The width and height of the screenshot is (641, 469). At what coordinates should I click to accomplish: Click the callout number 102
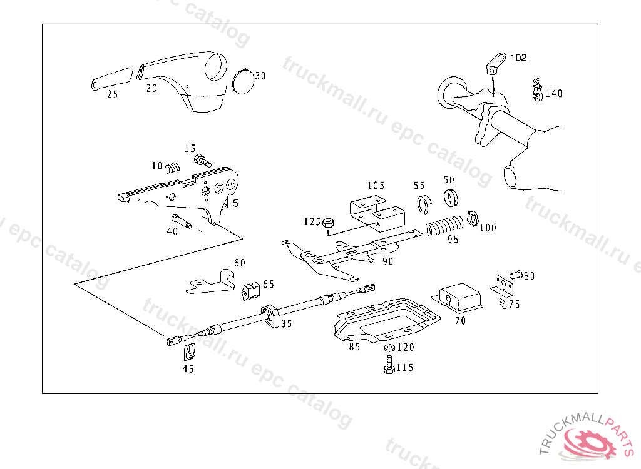pyautogui.click(x=518, y=58)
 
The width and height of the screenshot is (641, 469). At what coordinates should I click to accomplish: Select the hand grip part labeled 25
pyautogui.click(x=111, y=78)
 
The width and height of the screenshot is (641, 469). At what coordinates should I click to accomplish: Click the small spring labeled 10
pyautogui.click(x=173, y=167)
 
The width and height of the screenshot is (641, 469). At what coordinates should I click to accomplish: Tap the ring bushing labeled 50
pyautogui.click(x=451, y=198)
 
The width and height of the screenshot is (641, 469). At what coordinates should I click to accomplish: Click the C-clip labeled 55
pyautogui.click(x=425, y=204)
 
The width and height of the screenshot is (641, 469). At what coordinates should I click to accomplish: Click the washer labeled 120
pyautogui.click(x=388, y=347)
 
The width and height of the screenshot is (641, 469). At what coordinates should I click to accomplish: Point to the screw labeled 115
pyautogui.click(x=388, y=364)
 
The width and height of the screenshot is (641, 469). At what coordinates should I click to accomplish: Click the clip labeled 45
pyautogui.click(x=188, y=352)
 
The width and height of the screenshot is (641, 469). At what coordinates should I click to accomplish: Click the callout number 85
pyautogui.click(x=355, y=347)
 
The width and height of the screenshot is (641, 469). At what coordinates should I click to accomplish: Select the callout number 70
pyautogui.click(x=460, y=321)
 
